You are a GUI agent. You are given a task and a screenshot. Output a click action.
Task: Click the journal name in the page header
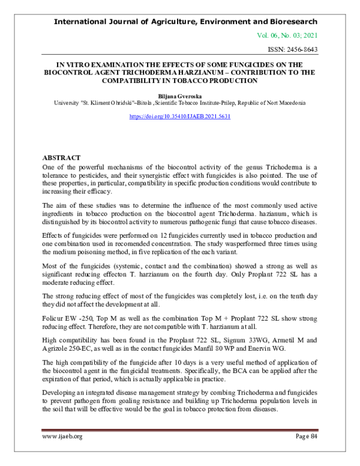pos(186,21)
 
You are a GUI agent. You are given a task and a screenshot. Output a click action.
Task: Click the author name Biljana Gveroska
pos(180,95)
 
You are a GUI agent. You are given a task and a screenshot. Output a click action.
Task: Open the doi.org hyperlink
pos(180,116)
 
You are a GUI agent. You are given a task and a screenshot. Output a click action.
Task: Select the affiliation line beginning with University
pos(180,103)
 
